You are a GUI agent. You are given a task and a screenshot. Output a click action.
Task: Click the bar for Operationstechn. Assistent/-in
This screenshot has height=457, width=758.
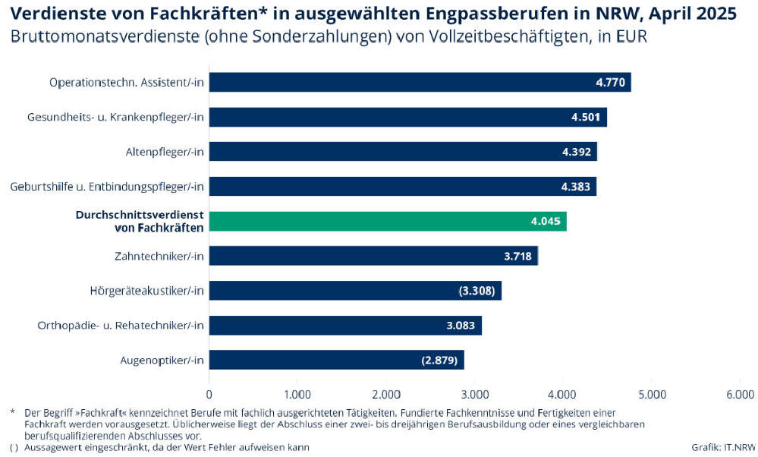420,82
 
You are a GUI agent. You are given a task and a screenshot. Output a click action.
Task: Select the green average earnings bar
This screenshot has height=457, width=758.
387,222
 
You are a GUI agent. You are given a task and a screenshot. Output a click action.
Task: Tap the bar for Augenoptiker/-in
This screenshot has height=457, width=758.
336,360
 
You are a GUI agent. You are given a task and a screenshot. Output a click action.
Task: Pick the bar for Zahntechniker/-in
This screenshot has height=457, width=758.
373,256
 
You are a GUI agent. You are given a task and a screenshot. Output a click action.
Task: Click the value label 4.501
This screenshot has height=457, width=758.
585,117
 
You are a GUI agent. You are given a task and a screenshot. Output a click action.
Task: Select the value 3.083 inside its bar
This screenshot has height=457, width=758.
461,326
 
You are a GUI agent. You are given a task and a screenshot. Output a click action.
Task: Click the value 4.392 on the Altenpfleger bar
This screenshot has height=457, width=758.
576,152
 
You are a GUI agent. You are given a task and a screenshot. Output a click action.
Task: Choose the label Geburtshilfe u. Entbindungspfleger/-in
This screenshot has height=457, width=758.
108,187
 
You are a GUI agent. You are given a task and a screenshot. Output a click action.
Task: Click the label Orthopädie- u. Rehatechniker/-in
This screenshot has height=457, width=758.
121,326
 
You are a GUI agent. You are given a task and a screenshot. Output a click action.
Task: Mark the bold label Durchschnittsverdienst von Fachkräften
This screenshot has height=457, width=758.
140,222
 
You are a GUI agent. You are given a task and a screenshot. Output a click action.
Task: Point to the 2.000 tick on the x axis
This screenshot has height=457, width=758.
386,394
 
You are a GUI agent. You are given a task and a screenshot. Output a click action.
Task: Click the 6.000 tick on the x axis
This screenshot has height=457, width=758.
740,394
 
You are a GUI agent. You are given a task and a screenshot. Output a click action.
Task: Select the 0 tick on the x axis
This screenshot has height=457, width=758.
209,394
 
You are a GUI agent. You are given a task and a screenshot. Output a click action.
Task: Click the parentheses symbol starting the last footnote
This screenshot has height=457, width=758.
14,447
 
